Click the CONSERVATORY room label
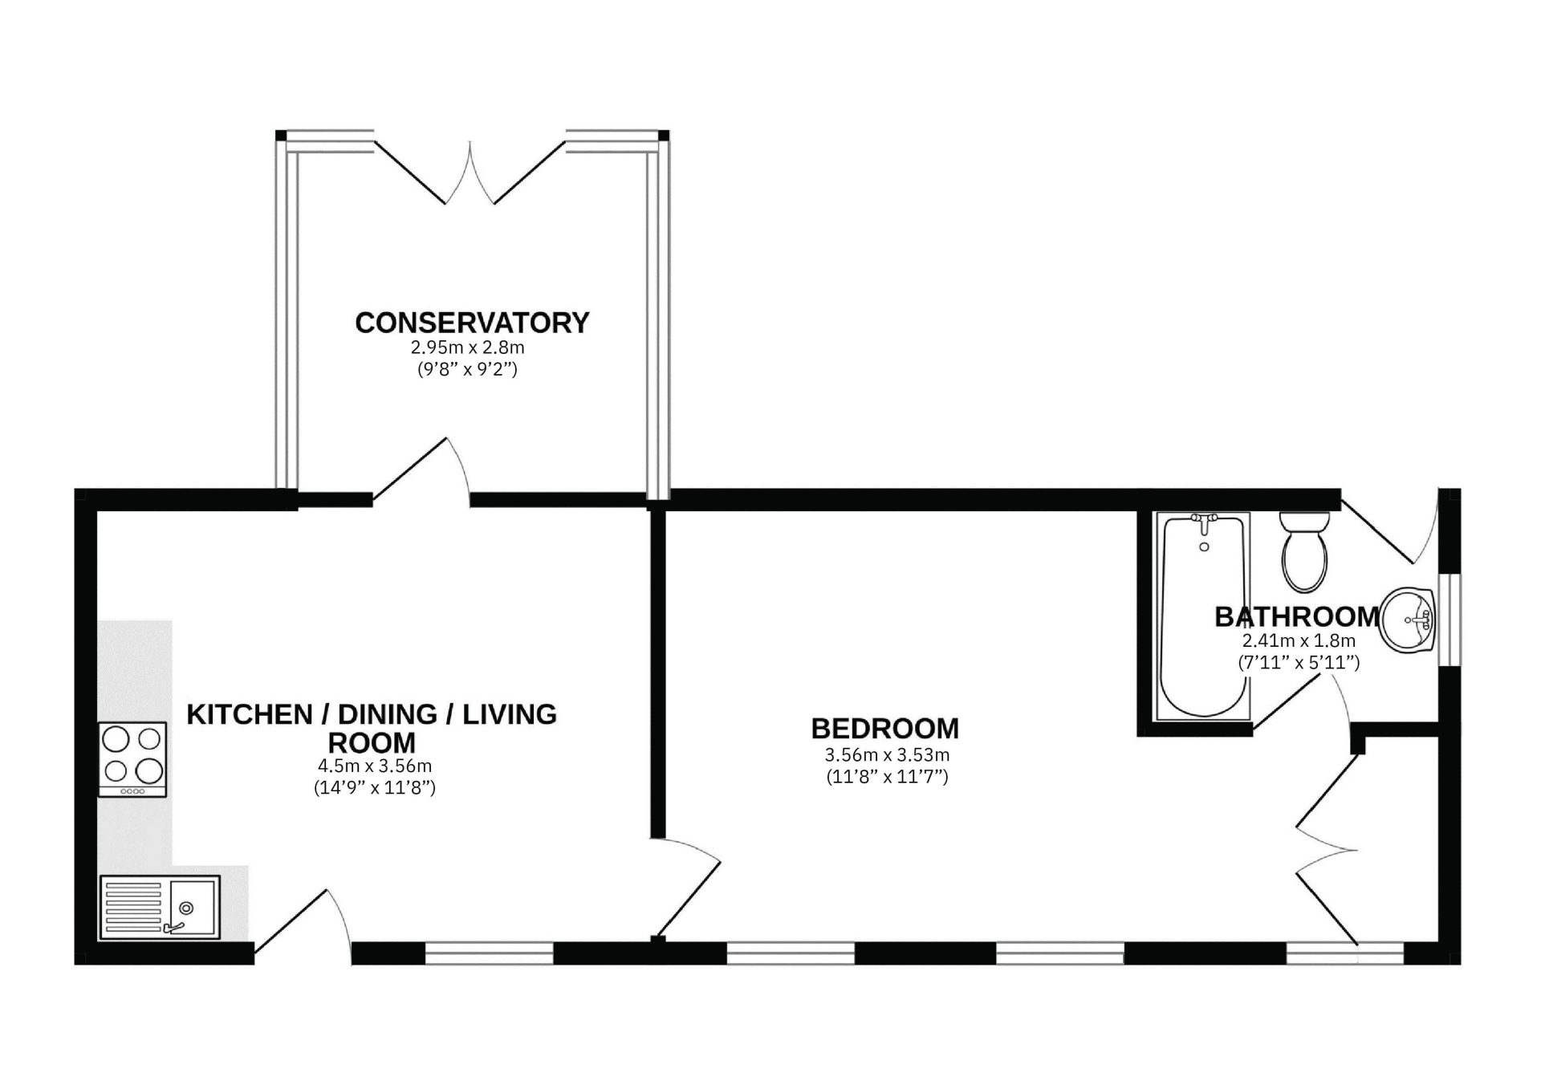pyautogui.click(x=472, y=323)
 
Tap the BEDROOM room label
pyautogui.click(x=884, y=729)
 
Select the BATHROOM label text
pyautogui.click(x=1297, y=616)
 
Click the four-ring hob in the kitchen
pyautogui.click(x=132, y=759)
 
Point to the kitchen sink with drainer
pyautogui.click(x=160, y=907)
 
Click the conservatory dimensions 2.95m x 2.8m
pyautogui.click(x=467, y=348)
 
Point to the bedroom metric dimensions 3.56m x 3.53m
pyautogui.click(x=887, y=755)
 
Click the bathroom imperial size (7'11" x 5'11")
pyautogui.click(x=1299, y=663)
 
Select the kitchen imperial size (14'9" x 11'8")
pyautogui.click(x=374, y=788)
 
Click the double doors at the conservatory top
pyautogui.click(x=470, y=172)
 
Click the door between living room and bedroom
pyautogui.click(x=686, y=888)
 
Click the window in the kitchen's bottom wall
pyautogui.click(x=489, y=953)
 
